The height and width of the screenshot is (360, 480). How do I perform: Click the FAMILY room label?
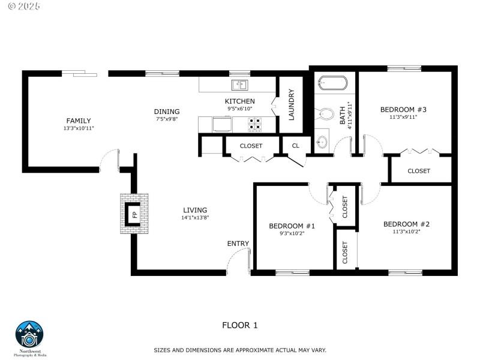tap(79, 121)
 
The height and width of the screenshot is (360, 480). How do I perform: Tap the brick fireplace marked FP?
tap(134, 214)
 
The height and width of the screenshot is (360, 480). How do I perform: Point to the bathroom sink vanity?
tap(322, 141)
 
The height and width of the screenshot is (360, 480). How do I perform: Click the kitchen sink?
tap(240, 85)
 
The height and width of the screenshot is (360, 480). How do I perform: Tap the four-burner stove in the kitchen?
tap(255, 123)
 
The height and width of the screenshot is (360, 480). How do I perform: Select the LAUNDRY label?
tap(292, 105)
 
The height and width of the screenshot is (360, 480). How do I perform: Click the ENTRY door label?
tap(238, 243)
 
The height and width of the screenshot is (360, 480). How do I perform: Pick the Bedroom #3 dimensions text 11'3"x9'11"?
tap(403, 117)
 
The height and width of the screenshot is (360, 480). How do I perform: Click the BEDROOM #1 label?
tap(292, 226)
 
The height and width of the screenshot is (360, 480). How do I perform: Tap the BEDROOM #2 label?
tap(406, 224)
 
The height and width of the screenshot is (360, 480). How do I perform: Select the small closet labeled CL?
tap(295, 146)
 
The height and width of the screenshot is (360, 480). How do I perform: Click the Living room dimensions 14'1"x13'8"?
tap(195, 218)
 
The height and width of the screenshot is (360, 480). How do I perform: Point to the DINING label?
tap(166, 112)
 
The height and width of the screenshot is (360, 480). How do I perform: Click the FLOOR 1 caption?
tap(239, 326)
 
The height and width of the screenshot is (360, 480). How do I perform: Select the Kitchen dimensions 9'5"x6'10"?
tap(240, 109)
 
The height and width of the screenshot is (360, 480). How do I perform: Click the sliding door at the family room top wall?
tap(80, 74)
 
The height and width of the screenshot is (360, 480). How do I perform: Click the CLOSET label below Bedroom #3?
tap(418, 171)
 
